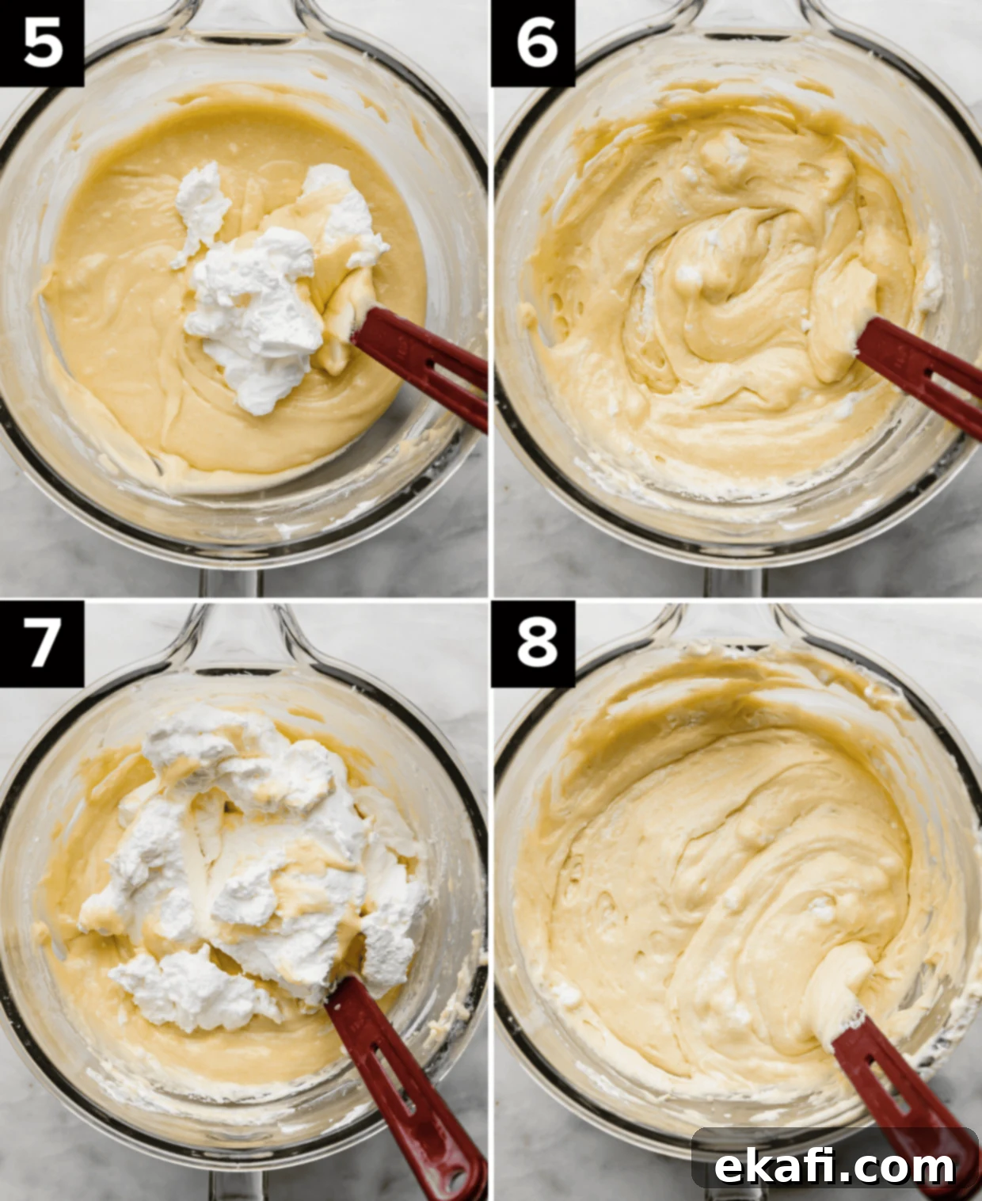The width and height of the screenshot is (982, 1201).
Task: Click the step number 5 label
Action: click(x=43, y=44)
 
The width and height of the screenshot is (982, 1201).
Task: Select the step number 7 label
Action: click(x=43, y=643)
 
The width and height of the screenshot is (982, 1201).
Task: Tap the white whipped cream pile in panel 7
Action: click(x=245, y=871)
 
